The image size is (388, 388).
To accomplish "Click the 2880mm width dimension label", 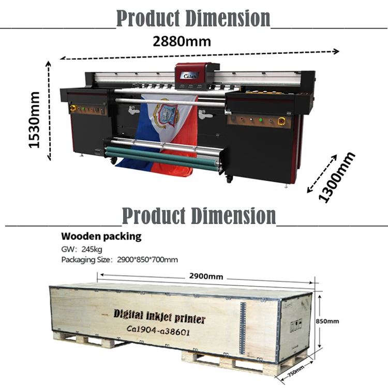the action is pyautogui.click(x=182, y=41).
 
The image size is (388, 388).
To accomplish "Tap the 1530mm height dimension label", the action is pyautogui.click(x=35, y=120).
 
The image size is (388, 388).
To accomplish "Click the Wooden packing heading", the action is pyautogui.click(x=101, y=237).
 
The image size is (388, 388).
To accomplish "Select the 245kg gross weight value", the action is pyautogui.click(x=80, y=249).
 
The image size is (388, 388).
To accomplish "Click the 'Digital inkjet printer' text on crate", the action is pyautogui.click(x=160, y=316).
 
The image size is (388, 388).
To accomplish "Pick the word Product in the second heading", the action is pyautogui.click(x=153, y=215).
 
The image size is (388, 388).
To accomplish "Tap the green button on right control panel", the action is pyautogui.click(x=261, y=120).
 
